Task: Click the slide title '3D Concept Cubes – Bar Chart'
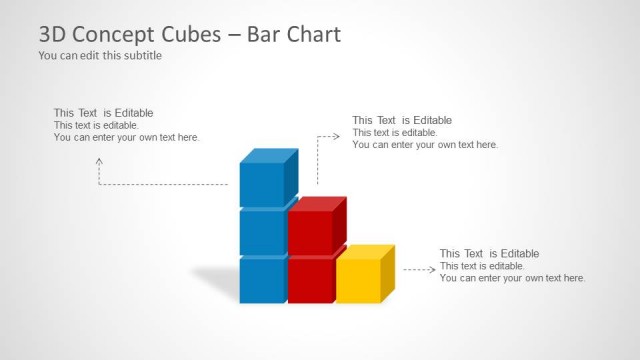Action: coord(189,34)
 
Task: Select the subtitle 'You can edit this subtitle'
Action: coord(100,56)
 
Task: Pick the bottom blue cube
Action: coord(262,280)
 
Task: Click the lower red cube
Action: coord(310,280)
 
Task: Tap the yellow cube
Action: coord(358,280)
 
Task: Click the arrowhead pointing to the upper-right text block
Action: coord(341,134)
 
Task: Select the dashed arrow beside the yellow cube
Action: coord(419,269)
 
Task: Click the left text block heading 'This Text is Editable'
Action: coord(103,113)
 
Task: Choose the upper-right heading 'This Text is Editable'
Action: coord(401,120)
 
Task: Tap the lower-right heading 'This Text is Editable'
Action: coord(489,254)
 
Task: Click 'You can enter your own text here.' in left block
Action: coord(126,137)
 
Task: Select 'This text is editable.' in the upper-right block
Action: coord(395,132)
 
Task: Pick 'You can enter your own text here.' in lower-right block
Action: coord(512,278)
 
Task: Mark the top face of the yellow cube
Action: coord(365,251)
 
